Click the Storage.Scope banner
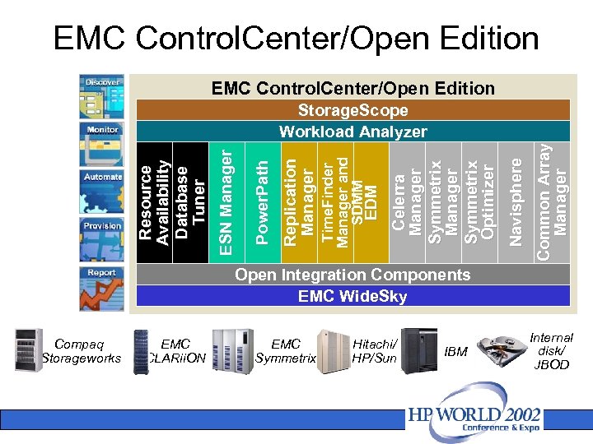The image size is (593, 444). [353, 110]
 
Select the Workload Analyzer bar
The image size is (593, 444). [353, 132]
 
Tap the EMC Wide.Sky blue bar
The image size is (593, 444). [353, 296]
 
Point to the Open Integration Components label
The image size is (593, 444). [353, 275]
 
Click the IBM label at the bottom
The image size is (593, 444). [455, 352]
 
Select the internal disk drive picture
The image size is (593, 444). [502, 349]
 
